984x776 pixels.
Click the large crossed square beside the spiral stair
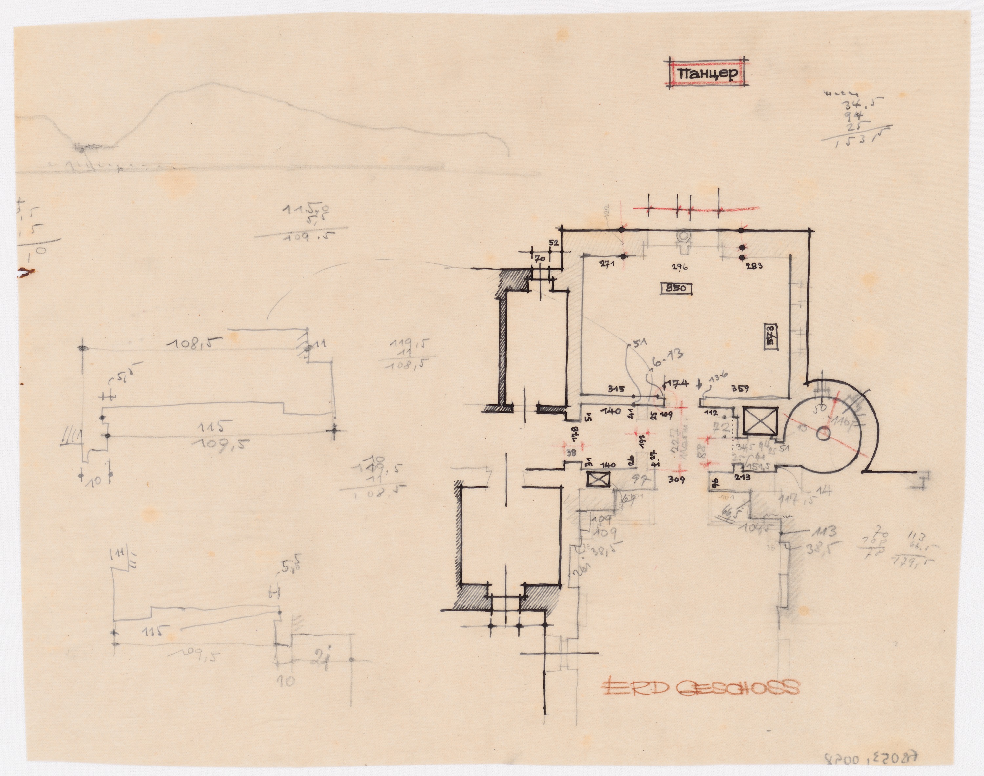click(x=761, y=420)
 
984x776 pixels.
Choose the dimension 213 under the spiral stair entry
click(x=742, y=477)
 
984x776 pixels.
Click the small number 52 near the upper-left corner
click(x=553, y=243)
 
